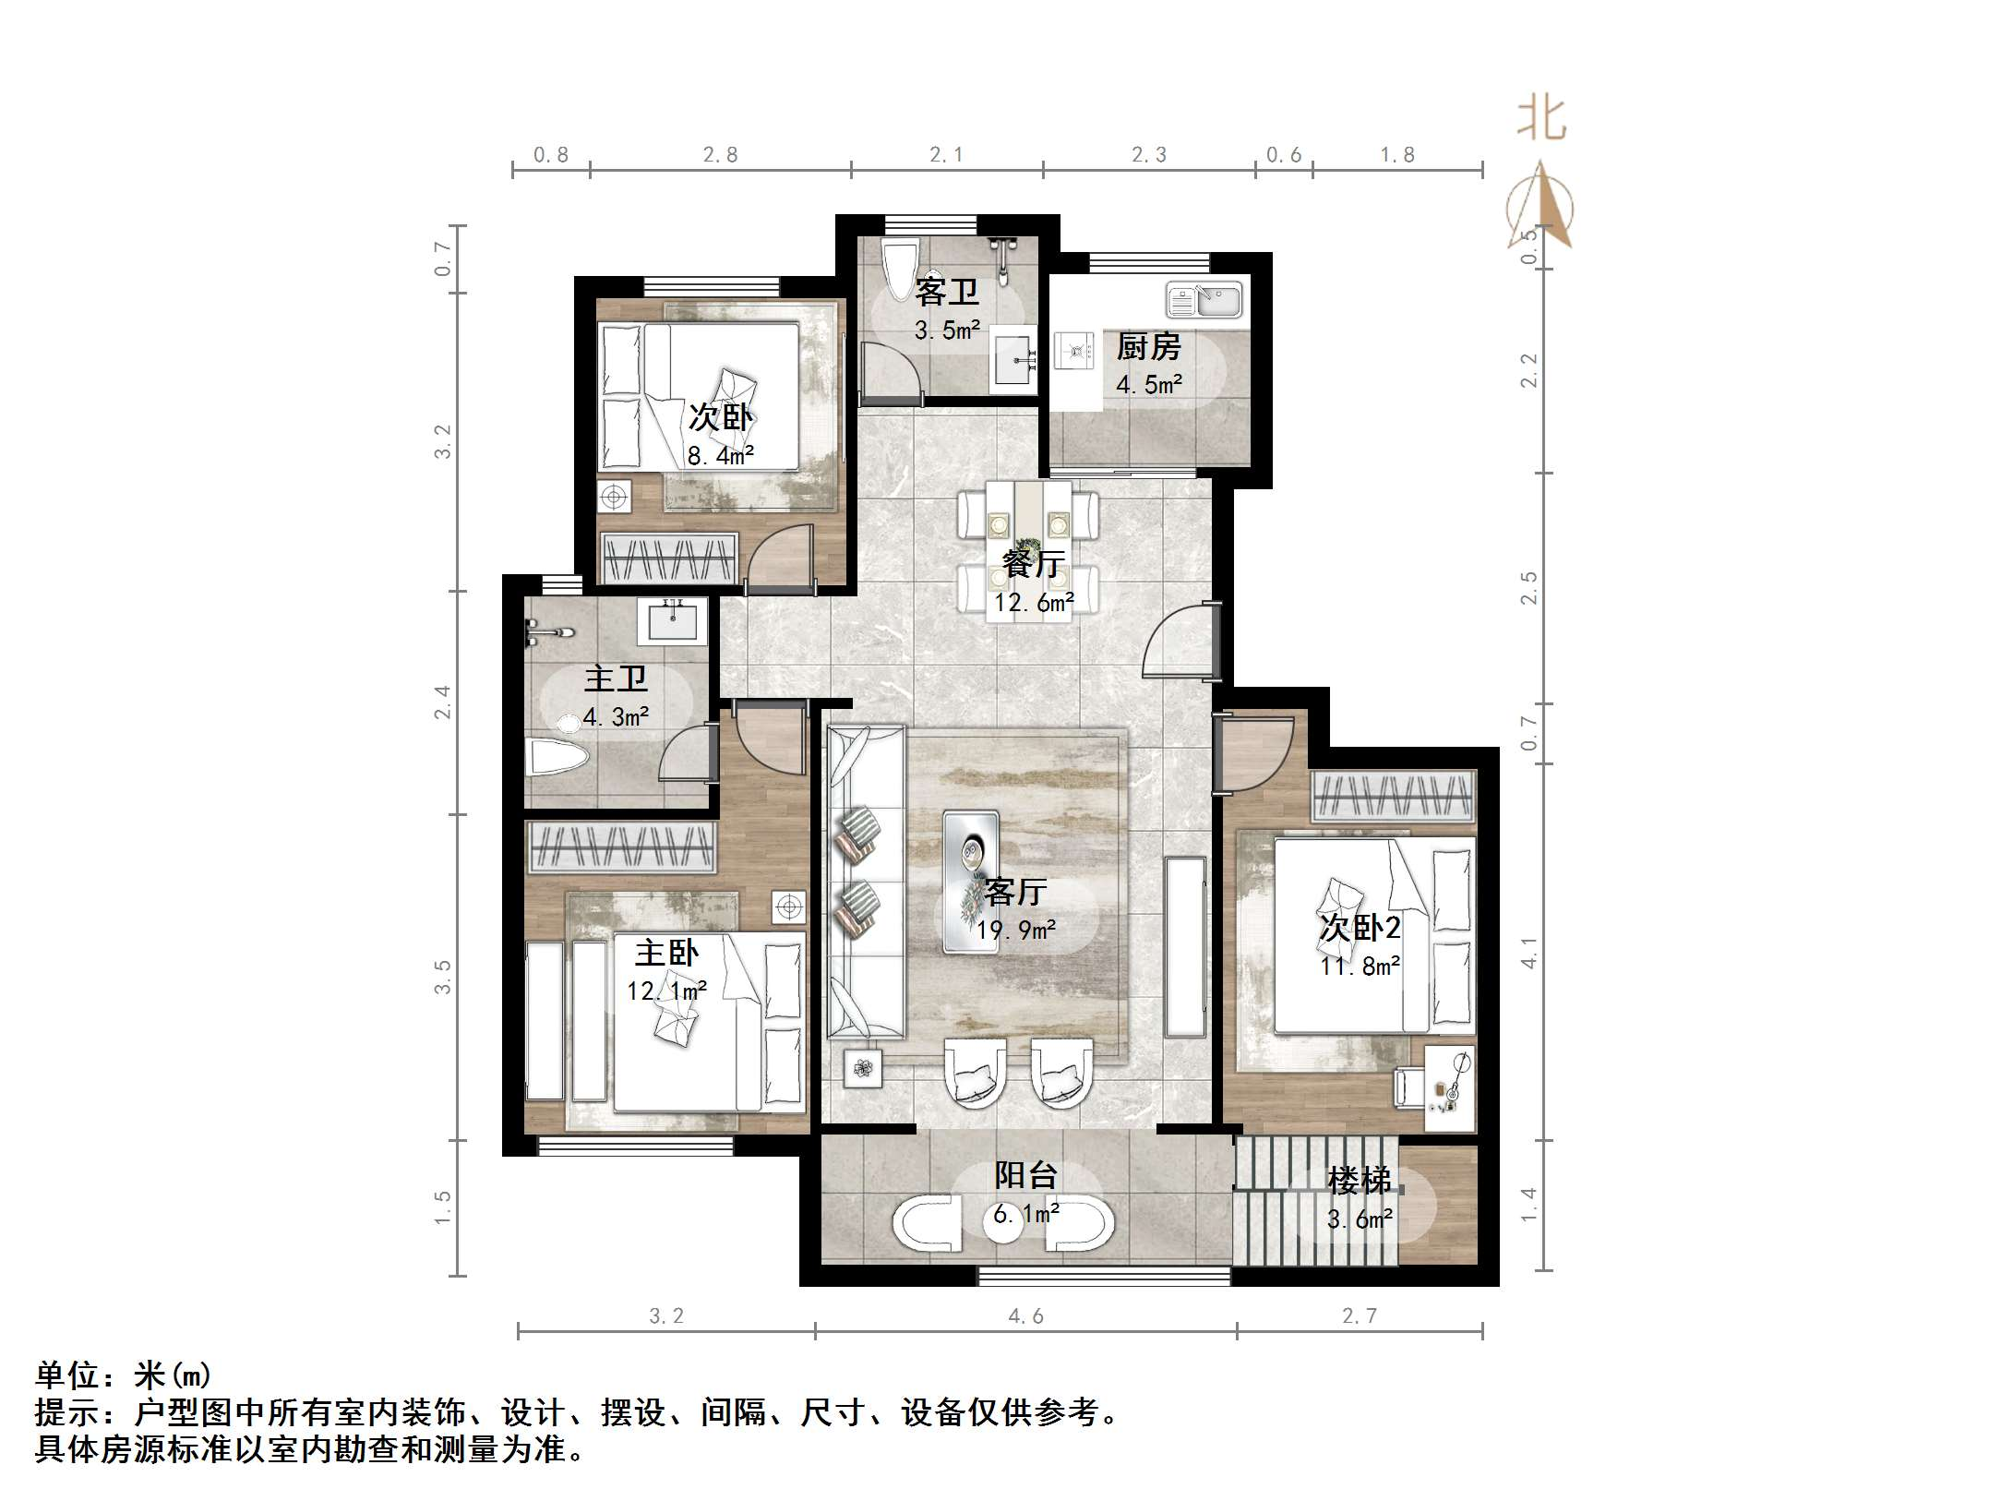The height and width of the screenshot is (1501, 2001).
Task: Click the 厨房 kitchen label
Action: pos(1148,347)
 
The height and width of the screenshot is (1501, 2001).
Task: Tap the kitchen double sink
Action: pos(1204,300)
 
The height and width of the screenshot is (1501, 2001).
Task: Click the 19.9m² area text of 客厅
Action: pos(1015,930)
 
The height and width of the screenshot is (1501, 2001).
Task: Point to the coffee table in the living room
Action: pos(970,881)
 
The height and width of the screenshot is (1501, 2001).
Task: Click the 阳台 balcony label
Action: pos(1025,1175)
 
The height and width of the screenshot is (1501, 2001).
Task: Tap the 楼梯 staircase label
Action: pos(1359,1180)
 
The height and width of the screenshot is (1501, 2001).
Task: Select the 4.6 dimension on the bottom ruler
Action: pos(1025,1316)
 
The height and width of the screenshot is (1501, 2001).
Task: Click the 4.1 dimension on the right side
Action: pos(1529,953)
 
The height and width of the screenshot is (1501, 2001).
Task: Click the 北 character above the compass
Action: pos(1541,120)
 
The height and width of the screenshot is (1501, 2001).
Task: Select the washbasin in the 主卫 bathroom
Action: pos(672,621)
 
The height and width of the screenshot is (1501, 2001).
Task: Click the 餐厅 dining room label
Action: pos(1033,563)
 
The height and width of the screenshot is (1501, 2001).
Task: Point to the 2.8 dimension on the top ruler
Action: pos(720,155)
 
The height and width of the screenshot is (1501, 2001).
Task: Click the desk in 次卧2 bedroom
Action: pos(1448,1088)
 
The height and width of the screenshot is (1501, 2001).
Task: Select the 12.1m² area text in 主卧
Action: pos(666,991)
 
